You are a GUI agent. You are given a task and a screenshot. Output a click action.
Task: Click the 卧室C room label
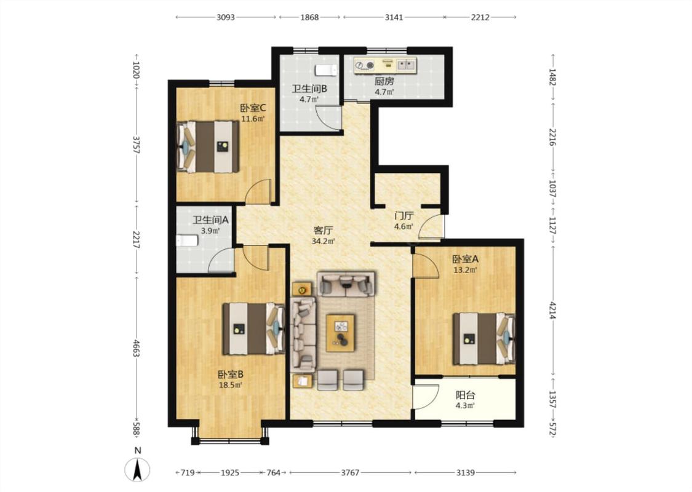pyautogui.click(x=253, y=108)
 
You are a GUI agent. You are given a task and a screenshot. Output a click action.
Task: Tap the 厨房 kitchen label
pyautogui.click(x=384, y=81)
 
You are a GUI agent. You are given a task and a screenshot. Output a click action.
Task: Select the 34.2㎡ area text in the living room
pyautogui.click(x=323, y=241)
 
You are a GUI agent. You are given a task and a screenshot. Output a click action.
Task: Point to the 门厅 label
pyautogui.click(x=404, y=216)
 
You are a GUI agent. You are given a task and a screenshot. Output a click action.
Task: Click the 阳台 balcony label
pyautogui.click(x=465, y=395)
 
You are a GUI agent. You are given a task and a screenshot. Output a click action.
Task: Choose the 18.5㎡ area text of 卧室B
pyautogui.click(x=231, y=385)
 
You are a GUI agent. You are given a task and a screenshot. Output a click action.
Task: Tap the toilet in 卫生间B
pyautogui.click(x=326, y=70)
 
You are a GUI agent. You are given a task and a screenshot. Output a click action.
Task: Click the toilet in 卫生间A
pyautogui.click(x=187, y=240)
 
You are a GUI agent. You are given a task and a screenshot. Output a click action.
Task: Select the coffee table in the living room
pyautogui.click(x=340, y=333)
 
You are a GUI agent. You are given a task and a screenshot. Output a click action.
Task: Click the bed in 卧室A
pyautogui.click(x=484, y=338)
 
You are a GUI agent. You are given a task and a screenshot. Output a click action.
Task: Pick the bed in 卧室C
pyautogui.click(x=208, y=146)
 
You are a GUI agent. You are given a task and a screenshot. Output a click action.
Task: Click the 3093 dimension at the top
pyautogui.click(x=226, y=17)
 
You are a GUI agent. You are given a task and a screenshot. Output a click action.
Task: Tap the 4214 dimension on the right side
pyautogui.click(x=552, y=311)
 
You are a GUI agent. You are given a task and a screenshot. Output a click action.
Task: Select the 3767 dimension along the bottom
pyautogui.click(x=350, y=472)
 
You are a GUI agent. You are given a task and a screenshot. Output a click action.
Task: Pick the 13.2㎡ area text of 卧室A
pyautogui.click(x=465, y=270)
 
